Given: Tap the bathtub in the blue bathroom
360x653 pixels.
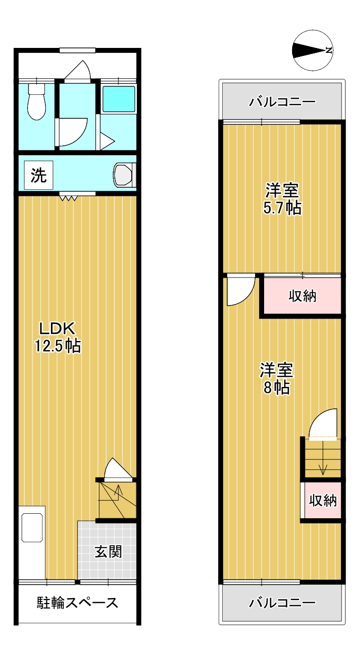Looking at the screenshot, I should click(119, 99).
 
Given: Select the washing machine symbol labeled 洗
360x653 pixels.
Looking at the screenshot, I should click(38, 175).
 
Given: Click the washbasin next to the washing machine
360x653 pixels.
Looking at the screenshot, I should click(124, 175).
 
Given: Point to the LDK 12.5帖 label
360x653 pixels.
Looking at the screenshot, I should click(57, 337).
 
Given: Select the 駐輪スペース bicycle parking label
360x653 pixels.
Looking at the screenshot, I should click(77, 603).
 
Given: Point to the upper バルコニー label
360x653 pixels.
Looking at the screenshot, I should click(282, 102).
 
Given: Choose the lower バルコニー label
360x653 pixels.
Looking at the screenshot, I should click(282, 603).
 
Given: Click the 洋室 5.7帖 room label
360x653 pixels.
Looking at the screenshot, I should click(282, 199).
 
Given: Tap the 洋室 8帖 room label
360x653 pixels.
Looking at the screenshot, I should click(276, 379).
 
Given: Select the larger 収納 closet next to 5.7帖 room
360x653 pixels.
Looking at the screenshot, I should click(302, 296).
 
